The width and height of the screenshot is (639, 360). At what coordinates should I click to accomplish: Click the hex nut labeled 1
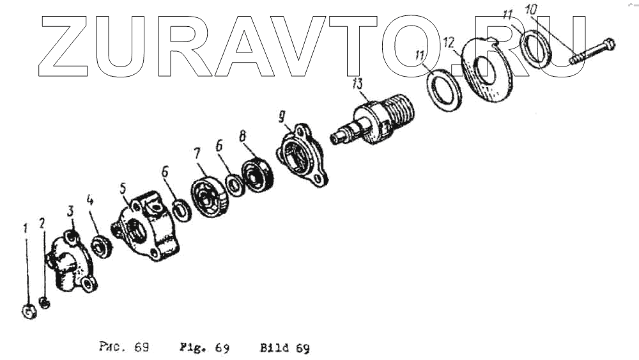(29, 312)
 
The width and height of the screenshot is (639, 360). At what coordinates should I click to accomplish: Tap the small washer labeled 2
(45, 303)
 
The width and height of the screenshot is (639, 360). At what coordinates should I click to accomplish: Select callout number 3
(70, 211)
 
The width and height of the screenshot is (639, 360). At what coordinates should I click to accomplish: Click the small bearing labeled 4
(102, 246)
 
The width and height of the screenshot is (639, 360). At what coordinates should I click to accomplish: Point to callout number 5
(123, 189)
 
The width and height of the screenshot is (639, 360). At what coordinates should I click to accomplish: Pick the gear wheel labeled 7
(210, 196)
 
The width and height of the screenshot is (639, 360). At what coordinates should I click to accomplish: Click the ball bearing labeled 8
(257, 175)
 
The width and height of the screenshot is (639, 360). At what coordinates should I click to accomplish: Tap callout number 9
(282, 117)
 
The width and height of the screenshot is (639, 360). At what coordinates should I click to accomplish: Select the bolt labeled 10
(592, 51)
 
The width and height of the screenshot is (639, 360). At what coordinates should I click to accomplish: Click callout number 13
(357, 84)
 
